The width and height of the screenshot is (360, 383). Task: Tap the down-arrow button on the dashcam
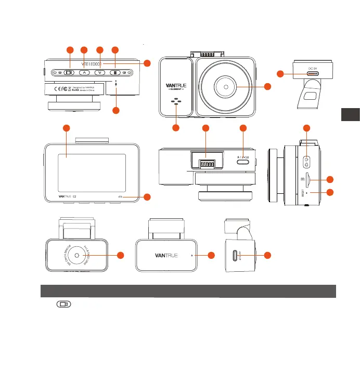(x=100, y=73)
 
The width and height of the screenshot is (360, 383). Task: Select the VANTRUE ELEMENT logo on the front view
(x=177, y=86)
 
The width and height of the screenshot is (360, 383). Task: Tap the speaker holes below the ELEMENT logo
(x=177, y=102)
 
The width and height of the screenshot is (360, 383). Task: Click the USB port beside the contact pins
(x=243, y=162)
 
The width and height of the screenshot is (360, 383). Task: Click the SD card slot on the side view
(x=310, y=179)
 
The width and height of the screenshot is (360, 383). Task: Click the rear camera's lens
(x=76, y=256)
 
